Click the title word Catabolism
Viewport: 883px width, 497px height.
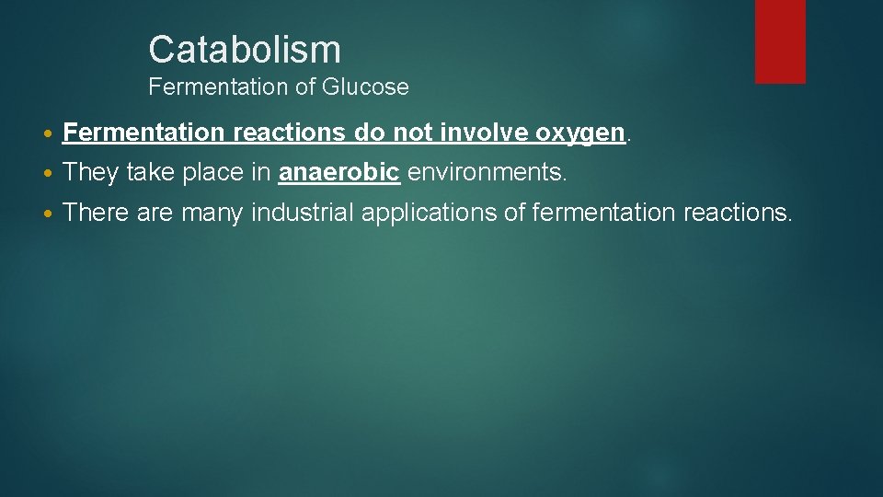point(244,50)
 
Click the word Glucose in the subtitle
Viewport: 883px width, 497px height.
point(365,87)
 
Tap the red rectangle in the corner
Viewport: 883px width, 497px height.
point(780,40)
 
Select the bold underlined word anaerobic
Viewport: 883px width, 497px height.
point(339,172)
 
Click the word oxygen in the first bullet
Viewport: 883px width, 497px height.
point(579,133)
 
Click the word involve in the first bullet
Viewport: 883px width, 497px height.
point(483,133)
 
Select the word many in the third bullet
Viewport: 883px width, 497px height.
point(212,214)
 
